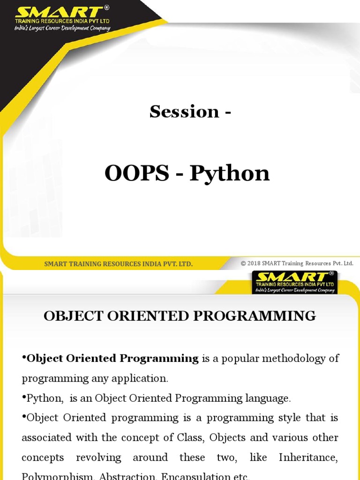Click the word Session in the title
[x=184, y=112]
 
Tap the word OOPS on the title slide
[x=137, y=174]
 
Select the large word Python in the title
[x=230, y=174]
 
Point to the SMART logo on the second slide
[x=294, y=277]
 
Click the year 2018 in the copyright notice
[x=254, y=263]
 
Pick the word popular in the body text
[x=238, y=359]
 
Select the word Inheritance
[x=308, y=457]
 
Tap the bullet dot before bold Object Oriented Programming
[x=24, y=358]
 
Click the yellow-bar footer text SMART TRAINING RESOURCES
[x=118, y=264]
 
